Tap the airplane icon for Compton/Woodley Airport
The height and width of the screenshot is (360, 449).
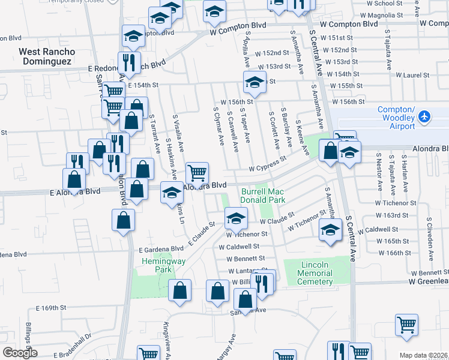[425, 115]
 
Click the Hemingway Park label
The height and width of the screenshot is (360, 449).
[157, 266]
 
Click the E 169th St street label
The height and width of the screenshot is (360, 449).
[50, 308]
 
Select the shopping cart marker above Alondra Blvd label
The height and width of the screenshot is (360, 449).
[197, 173]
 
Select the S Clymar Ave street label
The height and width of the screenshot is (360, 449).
[218, 126]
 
